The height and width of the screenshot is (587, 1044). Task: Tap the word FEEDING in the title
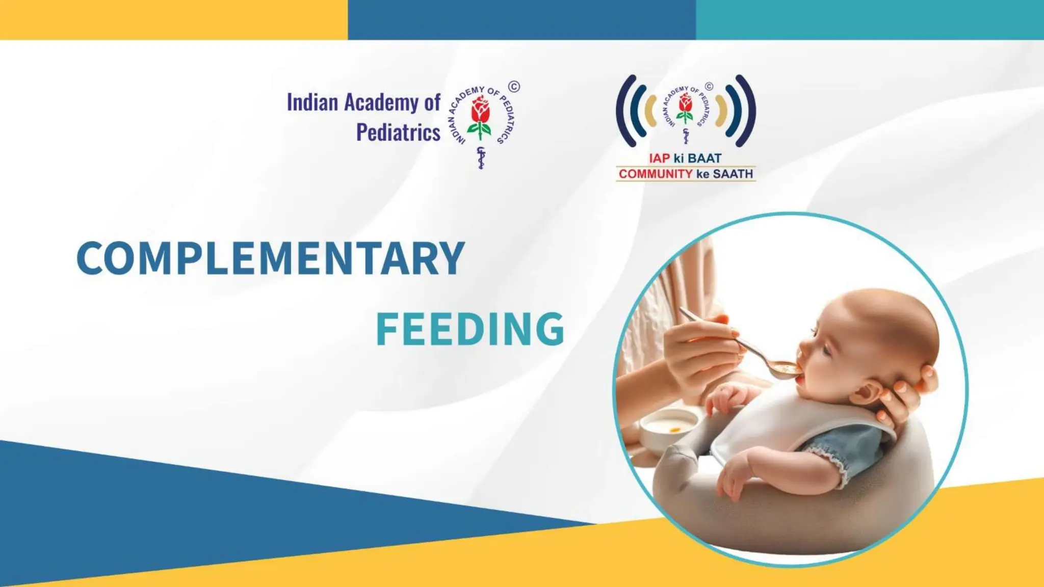[469, 329]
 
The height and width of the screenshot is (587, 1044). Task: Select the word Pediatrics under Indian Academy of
[398, 132]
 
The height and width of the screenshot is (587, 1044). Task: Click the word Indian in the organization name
[312, 102]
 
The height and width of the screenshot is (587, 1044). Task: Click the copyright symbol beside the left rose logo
[514, 87]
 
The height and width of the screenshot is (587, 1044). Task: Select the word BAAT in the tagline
[704, 158]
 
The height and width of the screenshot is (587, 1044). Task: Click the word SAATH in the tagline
[733, 174]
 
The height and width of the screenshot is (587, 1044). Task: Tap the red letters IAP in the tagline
[659, 158]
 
